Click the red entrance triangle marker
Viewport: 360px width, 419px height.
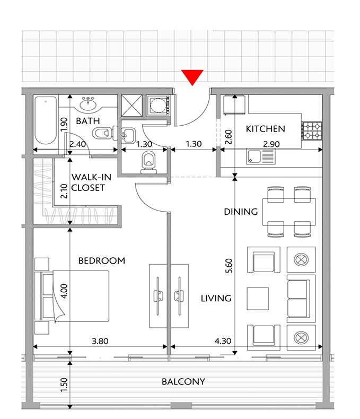click(x=192, y=77)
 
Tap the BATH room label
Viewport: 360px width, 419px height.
click(x=88, y=121)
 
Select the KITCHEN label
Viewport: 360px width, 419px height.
click(x=266, y=129)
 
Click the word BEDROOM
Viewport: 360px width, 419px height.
click(x=102, y=260)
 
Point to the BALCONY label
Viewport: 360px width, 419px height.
click(x=183, y=381)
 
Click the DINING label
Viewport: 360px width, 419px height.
click(x=241, y=212)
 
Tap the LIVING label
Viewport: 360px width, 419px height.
click(x=216, y=298)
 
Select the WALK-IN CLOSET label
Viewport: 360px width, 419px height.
click(x=91, y=182)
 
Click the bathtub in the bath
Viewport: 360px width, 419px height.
click(x=46, y=121)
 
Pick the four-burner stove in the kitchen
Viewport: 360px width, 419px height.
click(x=312, y=131)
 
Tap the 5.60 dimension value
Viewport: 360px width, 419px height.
click(x=229, y=266)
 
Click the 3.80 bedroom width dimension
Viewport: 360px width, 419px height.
click(x=100, y=341)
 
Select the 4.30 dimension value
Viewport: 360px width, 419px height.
click(x=223, y=341)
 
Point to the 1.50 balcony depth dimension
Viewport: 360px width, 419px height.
click(x=64, y=385)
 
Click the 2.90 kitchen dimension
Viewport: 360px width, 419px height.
click(x=271, y=144)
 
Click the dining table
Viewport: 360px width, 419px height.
click(x=289, y=212)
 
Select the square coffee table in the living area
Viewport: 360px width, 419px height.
click(x=258, y=299)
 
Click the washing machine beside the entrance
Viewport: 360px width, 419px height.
click(x=158, y=106)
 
